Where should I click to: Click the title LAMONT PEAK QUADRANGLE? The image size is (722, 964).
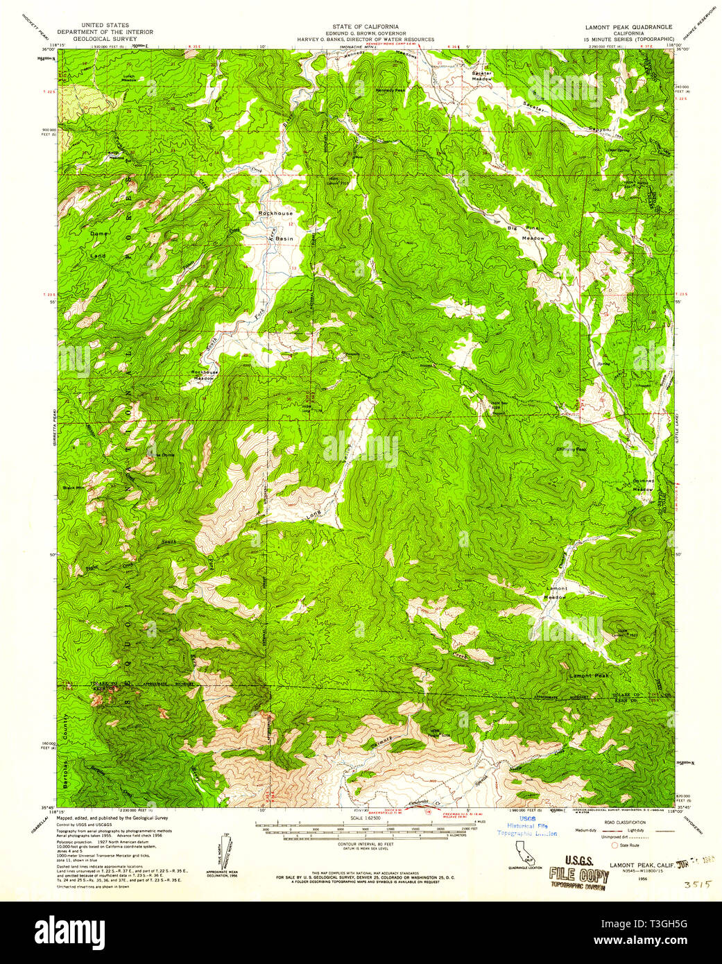629,27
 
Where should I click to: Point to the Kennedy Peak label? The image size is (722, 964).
390,90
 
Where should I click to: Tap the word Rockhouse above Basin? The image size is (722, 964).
275,214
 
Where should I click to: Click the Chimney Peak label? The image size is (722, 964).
571,449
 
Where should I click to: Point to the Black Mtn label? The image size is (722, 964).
92,488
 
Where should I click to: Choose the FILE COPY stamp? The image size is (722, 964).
578,875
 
